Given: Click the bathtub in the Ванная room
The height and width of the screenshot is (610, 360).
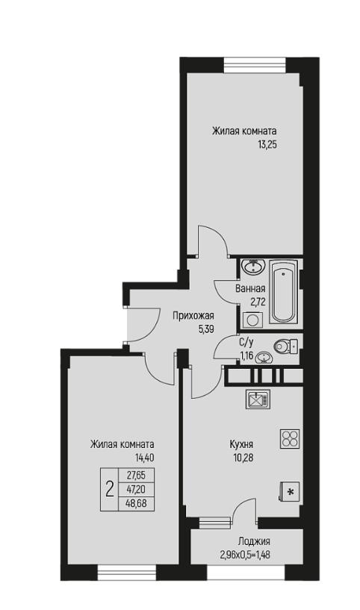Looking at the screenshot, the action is (284, 291).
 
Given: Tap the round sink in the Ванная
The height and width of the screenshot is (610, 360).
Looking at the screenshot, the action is (253, 267).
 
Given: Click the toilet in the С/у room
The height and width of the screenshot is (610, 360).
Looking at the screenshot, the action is (285, 346).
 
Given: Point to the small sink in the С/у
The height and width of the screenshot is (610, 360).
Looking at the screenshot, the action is (264, 358).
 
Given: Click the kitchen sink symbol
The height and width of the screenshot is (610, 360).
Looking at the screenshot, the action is (258, 399).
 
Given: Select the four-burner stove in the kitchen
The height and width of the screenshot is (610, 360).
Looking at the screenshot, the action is (290, 439).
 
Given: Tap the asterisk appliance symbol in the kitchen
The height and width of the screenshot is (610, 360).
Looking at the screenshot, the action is (289, 492).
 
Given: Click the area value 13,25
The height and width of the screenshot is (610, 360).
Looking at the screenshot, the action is (269, 145).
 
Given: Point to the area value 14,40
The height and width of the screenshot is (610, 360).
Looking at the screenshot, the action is (144, 458).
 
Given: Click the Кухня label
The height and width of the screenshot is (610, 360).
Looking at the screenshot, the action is (242, 444).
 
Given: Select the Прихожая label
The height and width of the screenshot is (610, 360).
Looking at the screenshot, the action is (193, 316).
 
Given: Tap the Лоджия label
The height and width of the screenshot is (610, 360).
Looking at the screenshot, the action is (254, 541).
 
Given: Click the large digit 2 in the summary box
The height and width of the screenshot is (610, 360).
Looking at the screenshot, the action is (110, 488).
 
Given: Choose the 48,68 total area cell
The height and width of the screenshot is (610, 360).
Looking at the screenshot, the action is (136, 504).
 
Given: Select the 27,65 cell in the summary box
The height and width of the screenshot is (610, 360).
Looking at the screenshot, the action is (136, 475).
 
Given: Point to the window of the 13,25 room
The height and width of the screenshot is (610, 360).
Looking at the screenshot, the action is (255, 64).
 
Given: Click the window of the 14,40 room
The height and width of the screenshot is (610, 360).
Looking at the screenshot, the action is (126, 573).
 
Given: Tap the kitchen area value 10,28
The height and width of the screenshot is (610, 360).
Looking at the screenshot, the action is (243, 458).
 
